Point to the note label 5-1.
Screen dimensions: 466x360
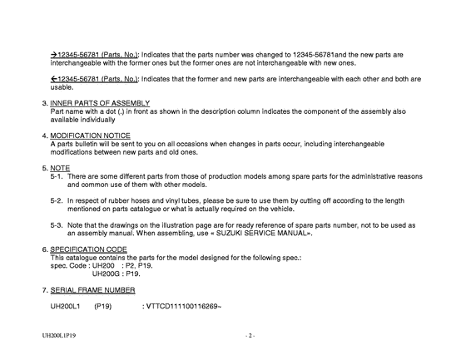57,176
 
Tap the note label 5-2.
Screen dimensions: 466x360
57,200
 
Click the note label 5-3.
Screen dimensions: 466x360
57,224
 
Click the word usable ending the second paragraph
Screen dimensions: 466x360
62,86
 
